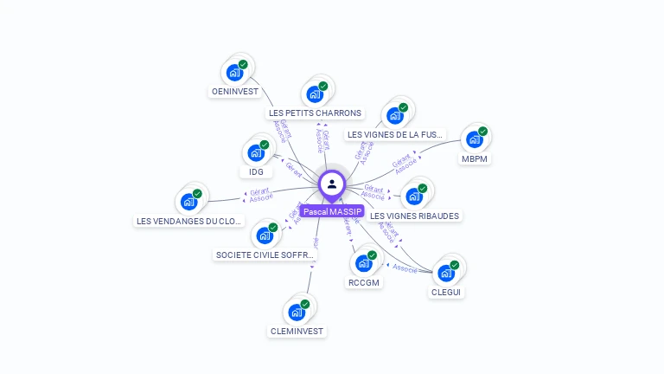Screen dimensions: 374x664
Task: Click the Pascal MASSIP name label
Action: click(x=333, y=211)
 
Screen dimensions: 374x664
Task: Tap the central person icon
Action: click(x=332, y=184)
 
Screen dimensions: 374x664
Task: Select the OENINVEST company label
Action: click(x=235, y=91)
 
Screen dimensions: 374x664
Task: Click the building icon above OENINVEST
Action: click(x=233, y=73)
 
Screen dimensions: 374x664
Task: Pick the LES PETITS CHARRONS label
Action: click(x=315, y=113)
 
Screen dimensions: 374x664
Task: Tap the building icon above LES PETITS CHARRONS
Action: click(x=314, y=94)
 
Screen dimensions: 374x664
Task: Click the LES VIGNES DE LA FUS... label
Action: click(x=395, y=134)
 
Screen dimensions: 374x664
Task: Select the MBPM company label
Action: click(x=475, y=158)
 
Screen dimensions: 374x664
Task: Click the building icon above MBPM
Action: click(x=474, y=140)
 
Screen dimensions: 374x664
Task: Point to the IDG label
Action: click(x=256, y=171)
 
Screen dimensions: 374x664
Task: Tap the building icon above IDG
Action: click(x=255, y=153)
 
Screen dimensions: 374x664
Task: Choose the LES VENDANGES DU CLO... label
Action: click(x=189, y=221)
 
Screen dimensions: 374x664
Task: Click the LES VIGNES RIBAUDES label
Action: click(x=415, y=215)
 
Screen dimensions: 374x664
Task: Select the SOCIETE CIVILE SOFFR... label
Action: click(x=265, y=255)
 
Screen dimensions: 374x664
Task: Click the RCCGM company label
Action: click(x=364, y=282)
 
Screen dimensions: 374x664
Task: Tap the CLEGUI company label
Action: click(x=446, y=292)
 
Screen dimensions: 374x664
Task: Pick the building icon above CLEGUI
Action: click(x=445, y=274)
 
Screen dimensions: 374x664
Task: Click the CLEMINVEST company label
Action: click(x=297, y=331)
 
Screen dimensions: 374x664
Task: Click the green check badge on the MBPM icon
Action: click(x=483, y=132)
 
